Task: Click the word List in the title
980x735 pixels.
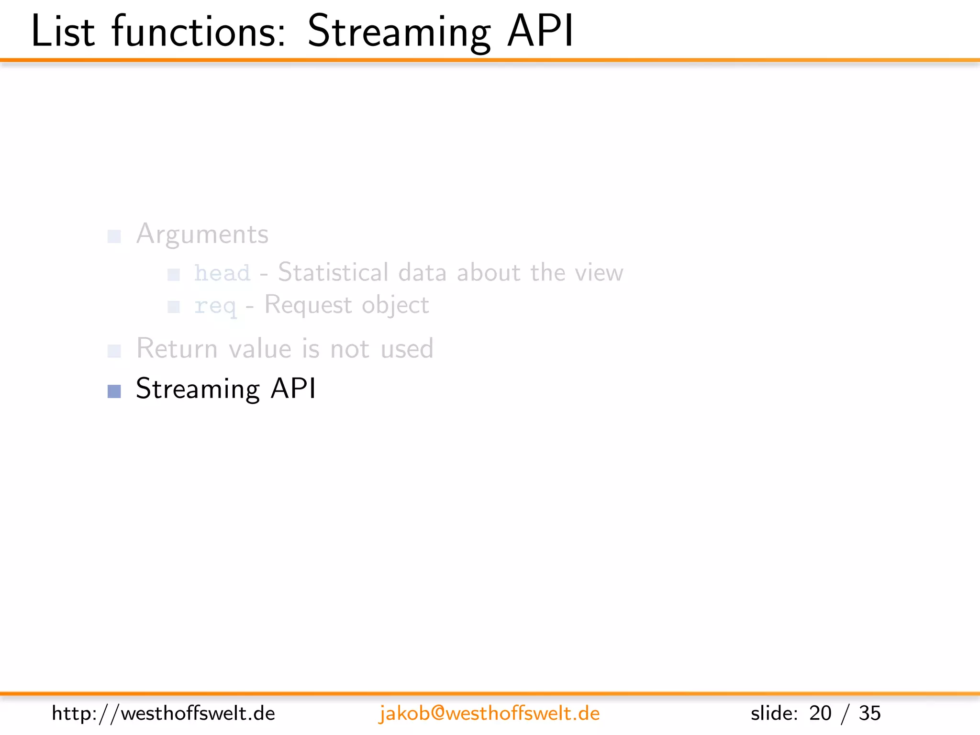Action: point(63,32)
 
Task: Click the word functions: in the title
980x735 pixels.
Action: point(199,32)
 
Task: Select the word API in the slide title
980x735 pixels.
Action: point(540,32)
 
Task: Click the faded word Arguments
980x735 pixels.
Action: point(202,235)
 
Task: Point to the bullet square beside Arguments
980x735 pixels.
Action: point(114,236)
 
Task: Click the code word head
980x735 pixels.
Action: point(222,273)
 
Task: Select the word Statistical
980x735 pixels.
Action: point(333,272)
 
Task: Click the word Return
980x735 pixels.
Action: point(177,348)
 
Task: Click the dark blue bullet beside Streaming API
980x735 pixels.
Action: point(114,391)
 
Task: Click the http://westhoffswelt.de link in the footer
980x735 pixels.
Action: point(163,713)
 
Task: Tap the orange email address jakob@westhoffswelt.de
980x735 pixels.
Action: point(489,713)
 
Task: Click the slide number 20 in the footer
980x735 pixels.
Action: point(820,713)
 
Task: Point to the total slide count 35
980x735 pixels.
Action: point(869,713)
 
